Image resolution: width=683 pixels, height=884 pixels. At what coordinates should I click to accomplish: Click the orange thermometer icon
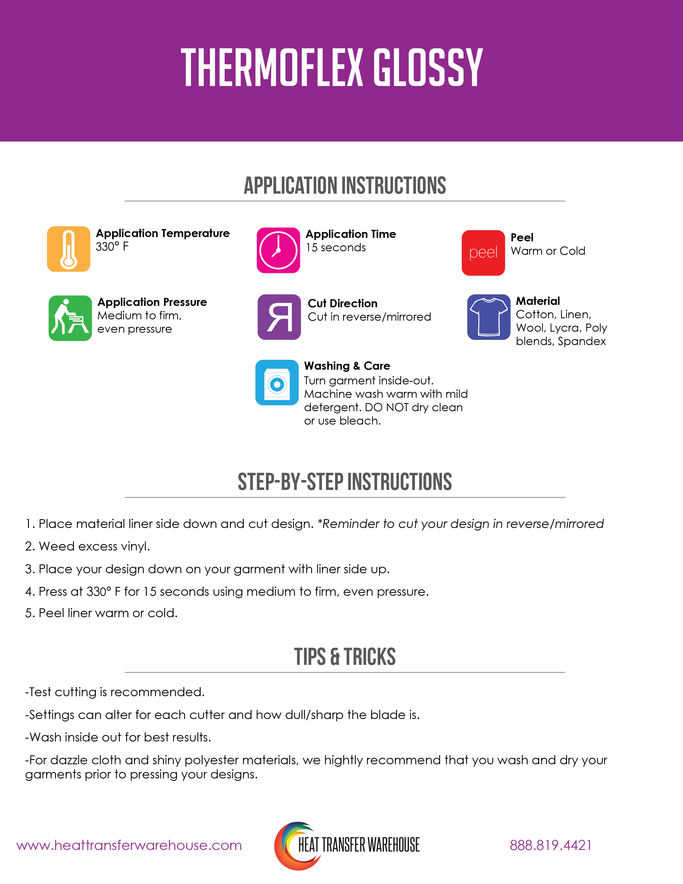pos(68,249)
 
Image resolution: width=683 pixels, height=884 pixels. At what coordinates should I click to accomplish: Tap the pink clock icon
pos(278,250)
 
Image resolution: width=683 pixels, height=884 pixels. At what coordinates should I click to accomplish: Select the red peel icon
pos(483,253)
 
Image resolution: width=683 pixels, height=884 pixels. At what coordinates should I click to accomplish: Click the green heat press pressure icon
pos(70,318)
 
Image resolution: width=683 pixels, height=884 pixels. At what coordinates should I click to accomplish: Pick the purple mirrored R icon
pos(279,317)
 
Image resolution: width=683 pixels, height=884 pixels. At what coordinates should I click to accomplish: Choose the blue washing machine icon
pos(277,383)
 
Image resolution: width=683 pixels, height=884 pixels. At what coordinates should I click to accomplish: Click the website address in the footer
pos(129,845)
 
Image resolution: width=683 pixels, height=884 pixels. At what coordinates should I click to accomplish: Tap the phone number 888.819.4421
pos(550,845)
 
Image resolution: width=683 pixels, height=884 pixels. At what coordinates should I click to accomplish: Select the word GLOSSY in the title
pos(428,68)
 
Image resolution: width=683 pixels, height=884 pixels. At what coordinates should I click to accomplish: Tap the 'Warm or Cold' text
pos(548,251)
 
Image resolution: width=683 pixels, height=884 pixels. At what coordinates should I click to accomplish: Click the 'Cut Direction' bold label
pos(342,303)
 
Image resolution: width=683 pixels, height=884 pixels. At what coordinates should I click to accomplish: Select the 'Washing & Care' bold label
pos(347,366)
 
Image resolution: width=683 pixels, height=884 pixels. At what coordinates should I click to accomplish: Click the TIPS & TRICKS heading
pos(345,657)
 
